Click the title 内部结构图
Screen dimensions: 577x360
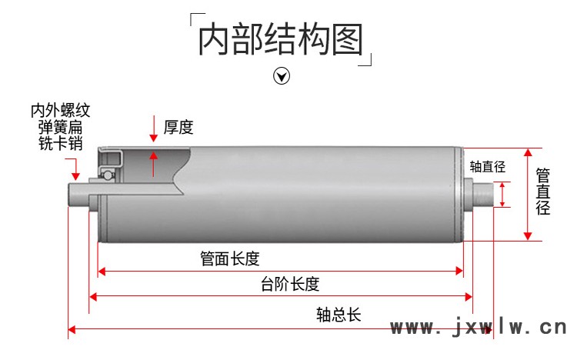tap(281, 39)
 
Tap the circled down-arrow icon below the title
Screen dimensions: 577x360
tap(282, 76)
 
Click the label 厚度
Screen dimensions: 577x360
tap(178, 128)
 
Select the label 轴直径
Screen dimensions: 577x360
tap(487, 167)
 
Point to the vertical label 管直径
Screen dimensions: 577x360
tap(543, 192)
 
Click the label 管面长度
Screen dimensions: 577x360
tap(230, 258)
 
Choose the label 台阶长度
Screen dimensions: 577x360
tap(290, 284)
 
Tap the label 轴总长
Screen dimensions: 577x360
tap(339, 315)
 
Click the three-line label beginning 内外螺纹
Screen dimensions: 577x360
tap(60, 127)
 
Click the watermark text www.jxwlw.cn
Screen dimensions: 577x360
tap(479, 327)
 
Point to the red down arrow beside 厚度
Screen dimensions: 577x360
tap(153, 128)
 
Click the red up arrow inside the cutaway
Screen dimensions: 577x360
tap(153, 163)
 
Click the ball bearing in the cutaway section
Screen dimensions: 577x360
tap(107, 175)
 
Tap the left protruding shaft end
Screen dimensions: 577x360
tap(78, 195)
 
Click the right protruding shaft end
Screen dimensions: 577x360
tap(483, 194)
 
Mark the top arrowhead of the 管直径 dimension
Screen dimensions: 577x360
tap(528, 153)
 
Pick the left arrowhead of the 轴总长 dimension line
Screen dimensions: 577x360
tap(72, 329)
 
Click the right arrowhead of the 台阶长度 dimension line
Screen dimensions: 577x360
tap(469, 297)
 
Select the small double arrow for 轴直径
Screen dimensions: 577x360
tap(502, 195)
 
